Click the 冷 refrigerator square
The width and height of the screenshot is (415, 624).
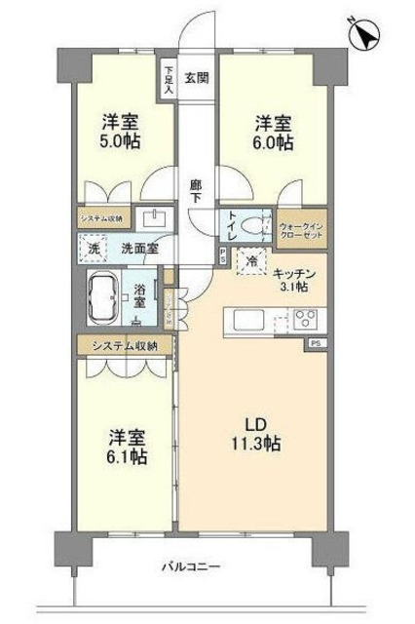[251, 261]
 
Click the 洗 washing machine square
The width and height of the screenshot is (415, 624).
[94, 249]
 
